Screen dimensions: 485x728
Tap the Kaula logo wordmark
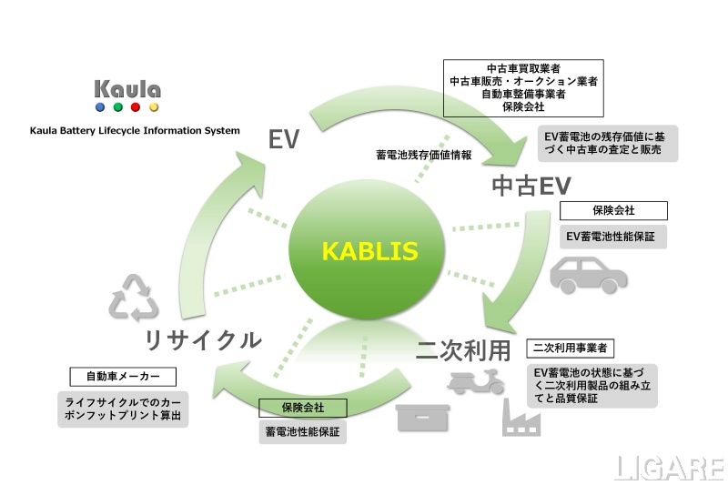(x=127, y=89)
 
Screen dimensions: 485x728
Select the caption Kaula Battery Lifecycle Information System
(x=135, y=131)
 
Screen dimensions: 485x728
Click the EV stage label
(x=283, y=138)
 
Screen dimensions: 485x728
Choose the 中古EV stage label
(x=531, y=186)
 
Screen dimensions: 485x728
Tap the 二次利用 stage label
(x=466, y=349)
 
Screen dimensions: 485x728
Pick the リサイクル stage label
(x=203, y=340)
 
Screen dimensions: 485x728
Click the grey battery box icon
(x=424, y=418)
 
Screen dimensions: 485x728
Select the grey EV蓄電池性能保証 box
(x=613, y=237)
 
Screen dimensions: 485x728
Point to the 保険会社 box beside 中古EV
(x=613, y=210)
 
